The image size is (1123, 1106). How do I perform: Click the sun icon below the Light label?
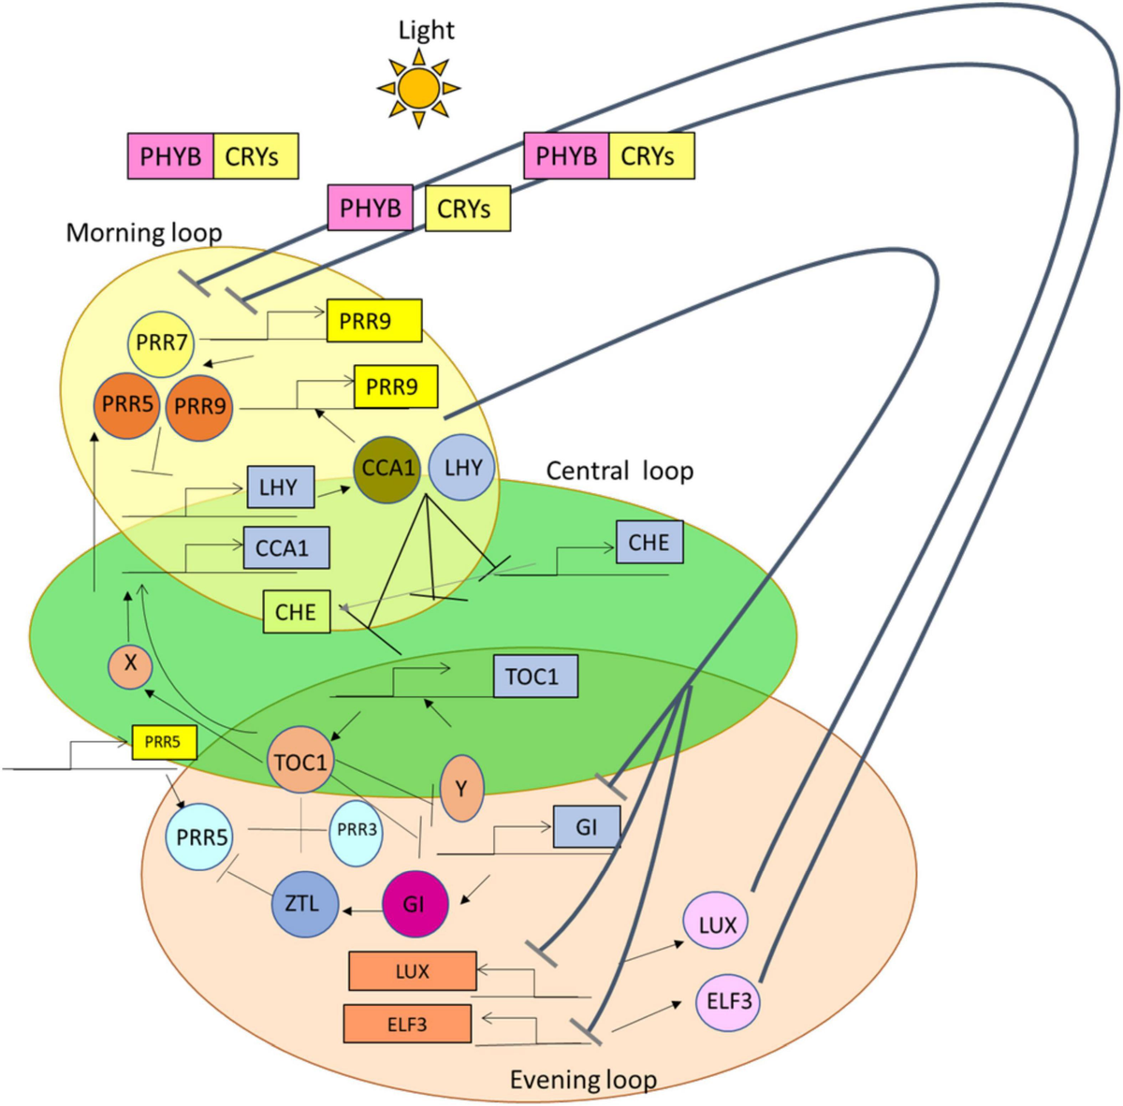click(418, 88)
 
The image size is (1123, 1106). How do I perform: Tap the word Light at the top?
click(426, 30)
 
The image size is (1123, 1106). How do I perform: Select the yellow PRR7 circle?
click(161, 343)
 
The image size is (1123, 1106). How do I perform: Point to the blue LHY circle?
click(462, 468)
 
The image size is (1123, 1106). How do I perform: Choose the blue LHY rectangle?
click(280, 488)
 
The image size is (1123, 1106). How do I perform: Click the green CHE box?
click(296, 612)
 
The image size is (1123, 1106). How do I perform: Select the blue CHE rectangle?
click(649, 543)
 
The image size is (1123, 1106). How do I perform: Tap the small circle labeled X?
click(130, 664)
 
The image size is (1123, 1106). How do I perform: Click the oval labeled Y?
click(460, 789)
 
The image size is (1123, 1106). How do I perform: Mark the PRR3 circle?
click(356, 831)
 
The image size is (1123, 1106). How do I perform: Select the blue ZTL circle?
click(303, 904)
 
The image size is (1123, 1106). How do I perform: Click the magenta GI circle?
click(415, 904)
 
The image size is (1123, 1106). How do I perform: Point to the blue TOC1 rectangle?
click(534, 677)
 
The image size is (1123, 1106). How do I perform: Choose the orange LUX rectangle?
click(412, 971)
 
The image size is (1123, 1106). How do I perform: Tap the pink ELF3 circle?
click(727, 1002)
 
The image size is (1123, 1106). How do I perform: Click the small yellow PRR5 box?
click(163, 742)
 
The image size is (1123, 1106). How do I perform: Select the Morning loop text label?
click(144, 233)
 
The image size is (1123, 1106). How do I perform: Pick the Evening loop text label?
click(582, 1080)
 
